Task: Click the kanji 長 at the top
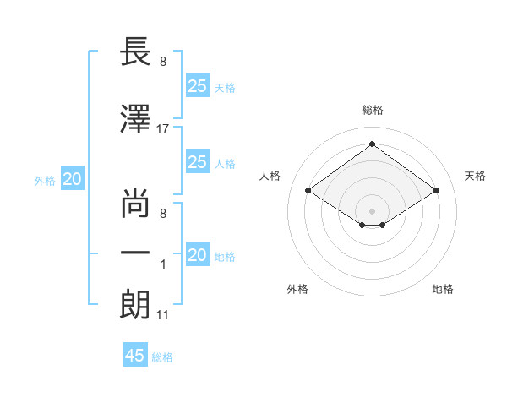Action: tap(136, 52)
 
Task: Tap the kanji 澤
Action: tap(136, 118)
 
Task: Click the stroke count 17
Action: tap(163, 129)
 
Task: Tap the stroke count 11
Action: tap(163, 316)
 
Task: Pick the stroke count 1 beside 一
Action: tap(163, 264)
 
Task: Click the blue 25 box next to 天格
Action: tap(198, 85)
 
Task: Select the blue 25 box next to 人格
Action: tap(198, 161)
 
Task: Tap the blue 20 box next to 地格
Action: tap(198, 254)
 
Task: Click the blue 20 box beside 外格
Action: tap(73, 179)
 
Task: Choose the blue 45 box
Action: tap(135, 355)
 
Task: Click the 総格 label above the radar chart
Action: tap(372, 110)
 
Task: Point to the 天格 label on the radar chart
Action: tap(475, 176)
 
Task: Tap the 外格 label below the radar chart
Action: tap(297, 289)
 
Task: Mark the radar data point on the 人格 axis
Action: tap(308, 191)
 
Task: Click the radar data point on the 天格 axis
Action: tap(436, 191)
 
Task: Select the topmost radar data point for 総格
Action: tap(372, 144)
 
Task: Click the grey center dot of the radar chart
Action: tap(372, 209)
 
